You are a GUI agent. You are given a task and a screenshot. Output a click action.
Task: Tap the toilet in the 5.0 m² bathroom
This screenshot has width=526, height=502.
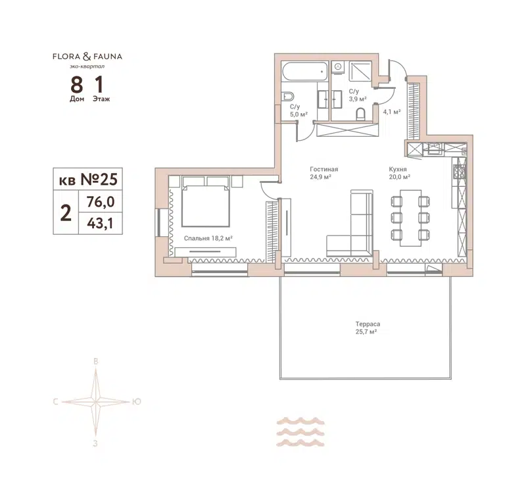pos(287,97)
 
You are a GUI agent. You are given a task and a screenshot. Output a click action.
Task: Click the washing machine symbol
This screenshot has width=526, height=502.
pos(337,66)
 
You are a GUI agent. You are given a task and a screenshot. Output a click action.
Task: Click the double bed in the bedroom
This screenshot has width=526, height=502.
pos(204,201)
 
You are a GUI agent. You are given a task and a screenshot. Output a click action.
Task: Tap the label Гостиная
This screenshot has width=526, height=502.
pos(324,169)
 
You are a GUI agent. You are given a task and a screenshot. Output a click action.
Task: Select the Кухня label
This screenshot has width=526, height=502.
pos(398,169)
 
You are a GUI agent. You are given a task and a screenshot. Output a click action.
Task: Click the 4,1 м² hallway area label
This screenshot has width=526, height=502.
pos(392,112)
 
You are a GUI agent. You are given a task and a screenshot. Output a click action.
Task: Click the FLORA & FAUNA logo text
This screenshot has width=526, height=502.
pos(87,57)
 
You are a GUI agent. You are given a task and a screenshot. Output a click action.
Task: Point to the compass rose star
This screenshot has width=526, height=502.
pos(96,401)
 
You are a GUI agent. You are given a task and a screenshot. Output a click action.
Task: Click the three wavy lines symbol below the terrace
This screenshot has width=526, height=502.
pos(300,432)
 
